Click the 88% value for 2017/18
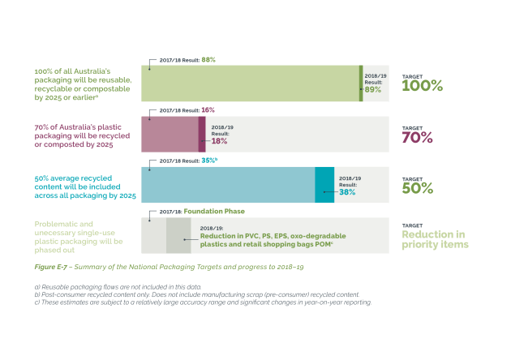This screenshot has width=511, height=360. click(x=208, y=60)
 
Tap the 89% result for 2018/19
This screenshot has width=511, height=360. click(x=373, y=89)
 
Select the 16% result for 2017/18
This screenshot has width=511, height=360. click(x=208, y=110)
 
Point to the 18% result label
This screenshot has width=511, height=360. click(x=219, y=141)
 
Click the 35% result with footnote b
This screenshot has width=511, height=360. click(x=209, y=161)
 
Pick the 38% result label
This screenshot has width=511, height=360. click(x=347, y=192)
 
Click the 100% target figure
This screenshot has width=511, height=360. click(x=423, y=86)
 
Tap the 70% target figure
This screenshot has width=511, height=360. click(x=418, y=138)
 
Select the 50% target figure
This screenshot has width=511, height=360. click(x=418, y=188)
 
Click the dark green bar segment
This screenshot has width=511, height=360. click(x=361, y=84)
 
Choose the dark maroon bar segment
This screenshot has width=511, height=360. click(x=202, y=135)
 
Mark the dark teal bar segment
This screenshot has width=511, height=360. click(x=324, y=185)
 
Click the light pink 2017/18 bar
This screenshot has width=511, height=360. click(x=170, y=135)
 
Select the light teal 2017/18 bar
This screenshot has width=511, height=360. click(x=228, y=185)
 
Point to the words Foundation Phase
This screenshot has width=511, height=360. click(x=214, y=212)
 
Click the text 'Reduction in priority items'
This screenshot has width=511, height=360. click(x=435, y=239)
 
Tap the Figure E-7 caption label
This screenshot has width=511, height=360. click(x=51, y=267)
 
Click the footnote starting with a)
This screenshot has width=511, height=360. click(x=118, y=287)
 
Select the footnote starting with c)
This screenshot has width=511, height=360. click(x=203, y=302)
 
